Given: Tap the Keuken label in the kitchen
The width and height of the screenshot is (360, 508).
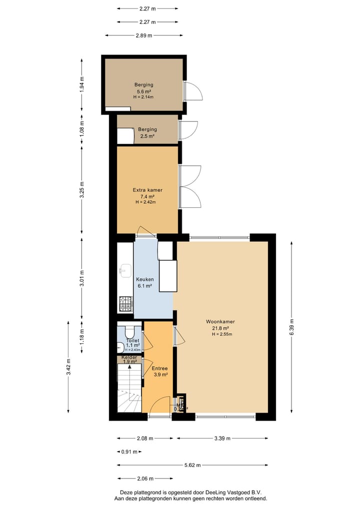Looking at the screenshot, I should [144, 279].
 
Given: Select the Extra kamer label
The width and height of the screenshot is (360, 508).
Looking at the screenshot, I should [147, 190].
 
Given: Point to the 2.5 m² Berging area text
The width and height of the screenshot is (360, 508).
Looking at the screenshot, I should [147, 136].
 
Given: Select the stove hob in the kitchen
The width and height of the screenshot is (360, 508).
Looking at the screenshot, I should [125, 303].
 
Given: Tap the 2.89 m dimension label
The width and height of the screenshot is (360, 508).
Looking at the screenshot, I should [143, 35].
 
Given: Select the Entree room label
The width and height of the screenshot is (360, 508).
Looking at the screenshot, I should [159, 368].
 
